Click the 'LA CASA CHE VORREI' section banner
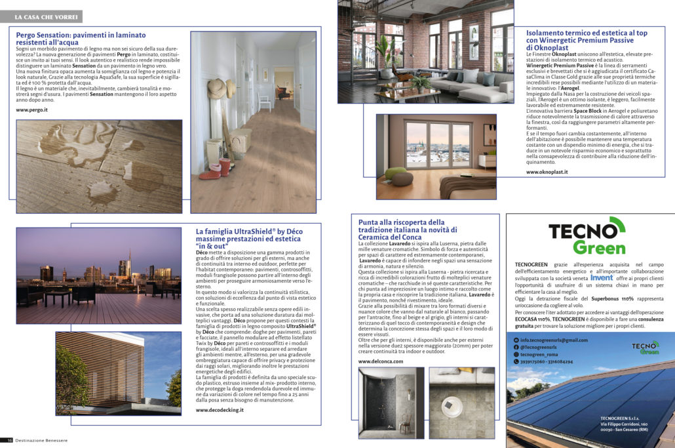(x=45, y=16)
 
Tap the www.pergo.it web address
(x=32, y=110)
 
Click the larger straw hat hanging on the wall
(x=217, y=88)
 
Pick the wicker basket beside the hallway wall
(x=240, y=140)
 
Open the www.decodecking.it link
(x=220, y=409)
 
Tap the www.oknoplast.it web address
(x=547, y=172)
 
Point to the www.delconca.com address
(x=379, y=361)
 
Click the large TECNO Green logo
(x=587, y=237)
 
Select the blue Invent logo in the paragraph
(x=602, y=277)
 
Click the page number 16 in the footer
(x=10, y=440)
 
